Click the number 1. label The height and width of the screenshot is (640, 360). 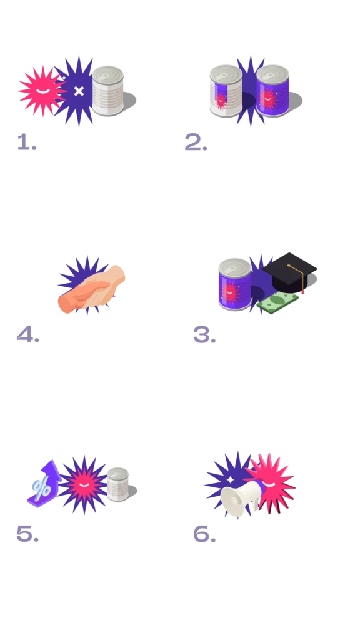pos(27,142)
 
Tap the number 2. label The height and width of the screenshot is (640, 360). pos(196,142)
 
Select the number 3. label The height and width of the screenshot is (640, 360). pos(204,335)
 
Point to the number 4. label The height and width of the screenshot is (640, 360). pos(27,335)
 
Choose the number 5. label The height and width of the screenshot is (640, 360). pos(27,534)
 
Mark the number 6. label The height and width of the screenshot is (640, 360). pos(204,534)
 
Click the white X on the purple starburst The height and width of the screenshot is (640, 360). pos(79,91)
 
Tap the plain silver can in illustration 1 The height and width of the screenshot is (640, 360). pos(107,91)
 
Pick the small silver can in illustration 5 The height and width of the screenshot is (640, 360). pos(118,484)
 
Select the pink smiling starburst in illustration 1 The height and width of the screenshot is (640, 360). pos(42,91)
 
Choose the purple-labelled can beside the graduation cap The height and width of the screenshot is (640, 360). pos(235,284)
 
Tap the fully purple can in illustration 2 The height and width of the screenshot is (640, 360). pos(272,91)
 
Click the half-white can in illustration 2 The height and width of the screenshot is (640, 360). pos(226,91)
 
